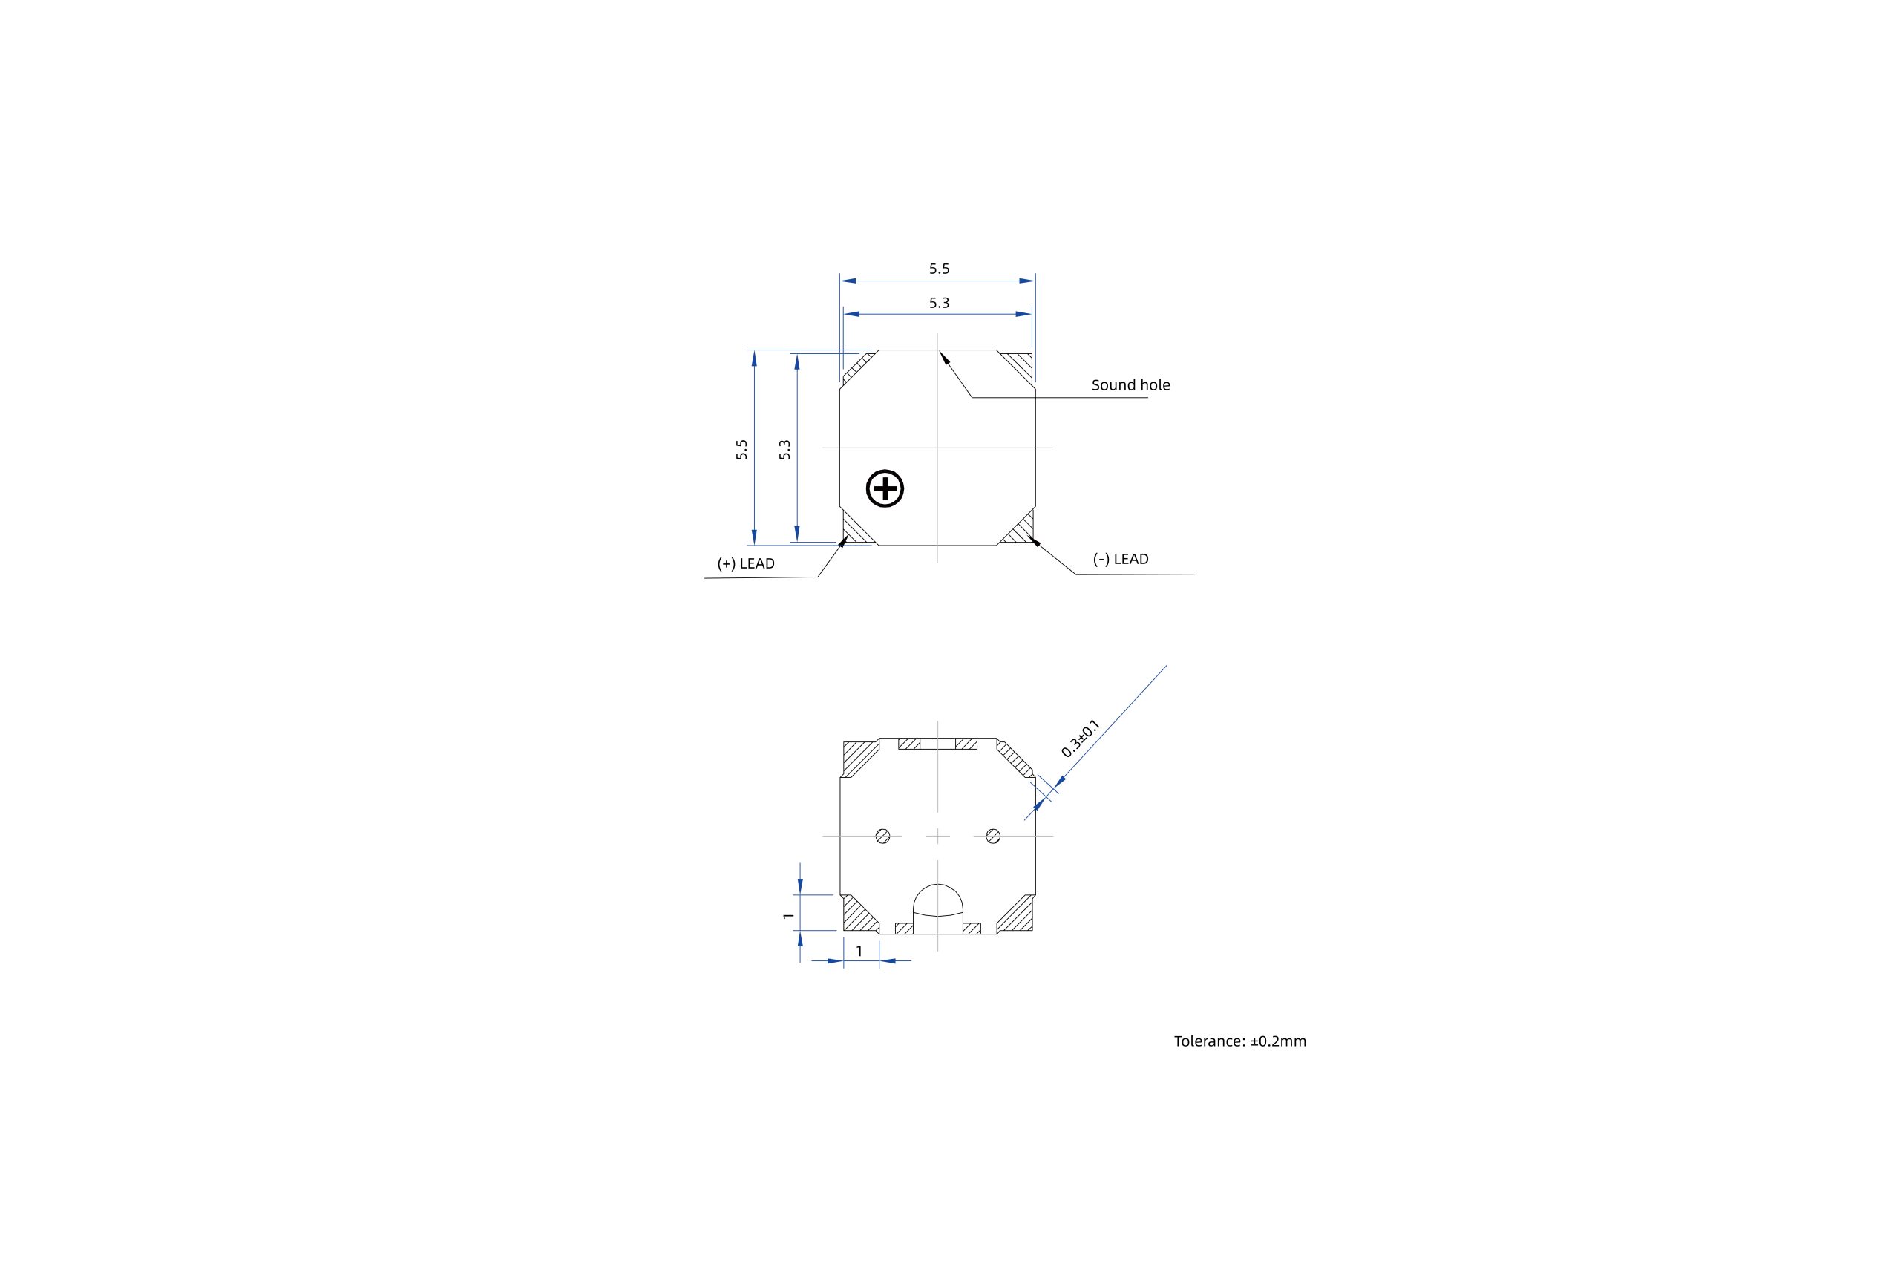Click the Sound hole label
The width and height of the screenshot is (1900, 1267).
point(1130,385)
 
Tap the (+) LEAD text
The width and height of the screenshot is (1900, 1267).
point(746,564)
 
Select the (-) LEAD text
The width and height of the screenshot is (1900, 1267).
point(1121,559)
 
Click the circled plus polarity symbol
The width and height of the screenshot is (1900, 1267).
point(885,488)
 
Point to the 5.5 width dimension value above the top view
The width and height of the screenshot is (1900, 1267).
point(939,269)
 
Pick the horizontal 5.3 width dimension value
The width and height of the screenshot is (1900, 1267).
point(939,303)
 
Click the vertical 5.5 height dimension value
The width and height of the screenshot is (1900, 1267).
point(741,449)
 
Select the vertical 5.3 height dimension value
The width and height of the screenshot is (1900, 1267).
point(784,449)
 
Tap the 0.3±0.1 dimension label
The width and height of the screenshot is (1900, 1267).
point(1080,738)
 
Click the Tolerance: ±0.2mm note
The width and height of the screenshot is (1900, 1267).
point(1240,1041)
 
